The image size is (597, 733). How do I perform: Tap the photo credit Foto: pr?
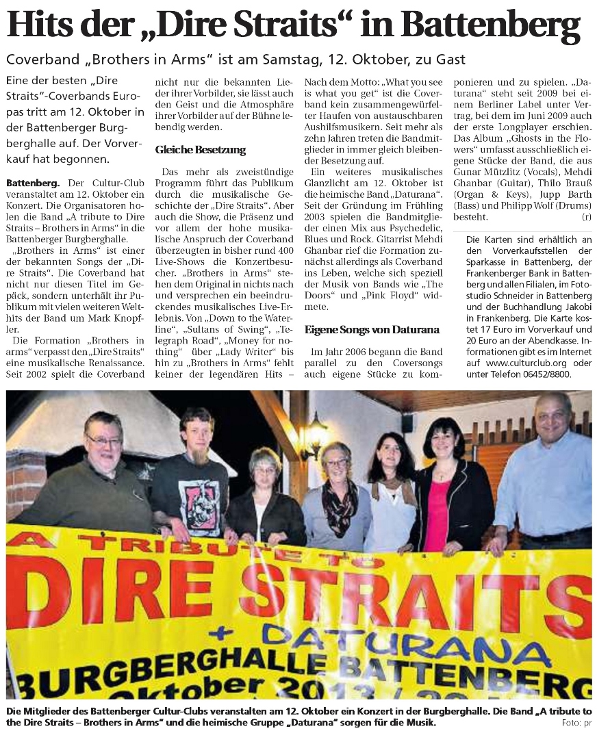tap(575, 723)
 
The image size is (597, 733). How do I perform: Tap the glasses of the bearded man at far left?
tap(104, 441)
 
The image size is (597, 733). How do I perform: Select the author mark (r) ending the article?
tap(585, 217)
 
